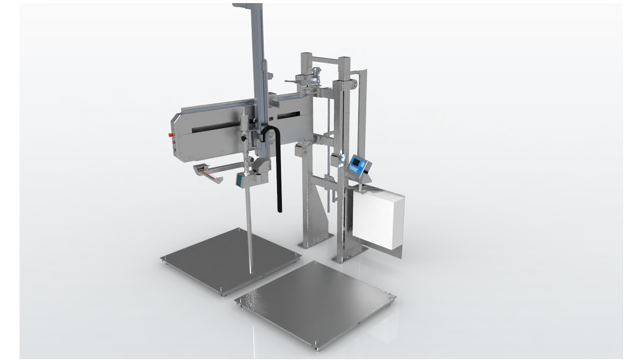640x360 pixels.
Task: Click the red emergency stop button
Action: [171, 133]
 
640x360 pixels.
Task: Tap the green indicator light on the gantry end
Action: [174, 151]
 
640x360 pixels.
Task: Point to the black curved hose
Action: [279, 177]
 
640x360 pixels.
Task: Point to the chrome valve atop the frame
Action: [316, 72]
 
